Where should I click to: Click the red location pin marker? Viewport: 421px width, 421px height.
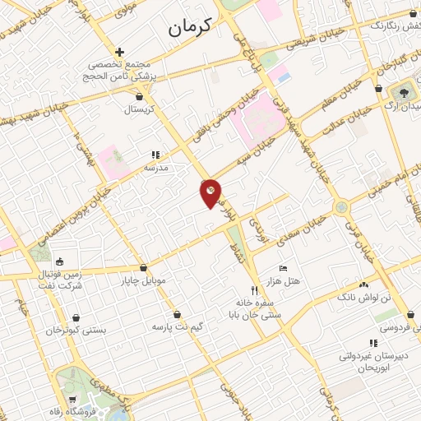point(210,192)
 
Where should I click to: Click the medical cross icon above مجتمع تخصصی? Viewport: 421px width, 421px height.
point(120,52)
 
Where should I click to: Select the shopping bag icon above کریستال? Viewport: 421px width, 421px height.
point(138,96)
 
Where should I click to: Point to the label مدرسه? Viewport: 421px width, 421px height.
point(155,167)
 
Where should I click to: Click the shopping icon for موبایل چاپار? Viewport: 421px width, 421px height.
point(144,268)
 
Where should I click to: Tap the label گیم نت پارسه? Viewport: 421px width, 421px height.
point(177,326)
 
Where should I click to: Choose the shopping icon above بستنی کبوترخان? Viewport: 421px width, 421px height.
point(76,317)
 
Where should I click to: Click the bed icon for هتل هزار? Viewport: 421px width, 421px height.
point(284,269)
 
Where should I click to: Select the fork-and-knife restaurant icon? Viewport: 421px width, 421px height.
point(255,290)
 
